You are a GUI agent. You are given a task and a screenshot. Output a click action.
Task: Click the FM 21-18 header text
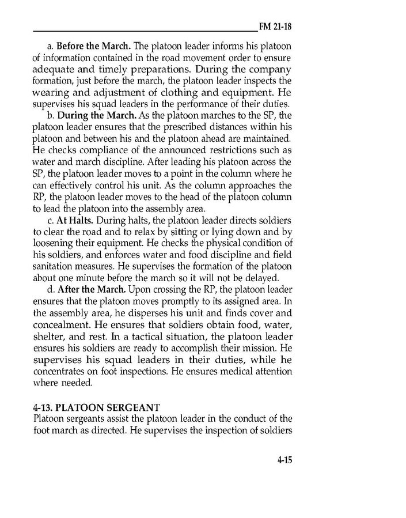tap(277, 27)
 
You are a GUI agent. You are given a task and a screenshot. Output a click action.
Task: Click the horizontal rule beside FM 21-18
tap(144, 30)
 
